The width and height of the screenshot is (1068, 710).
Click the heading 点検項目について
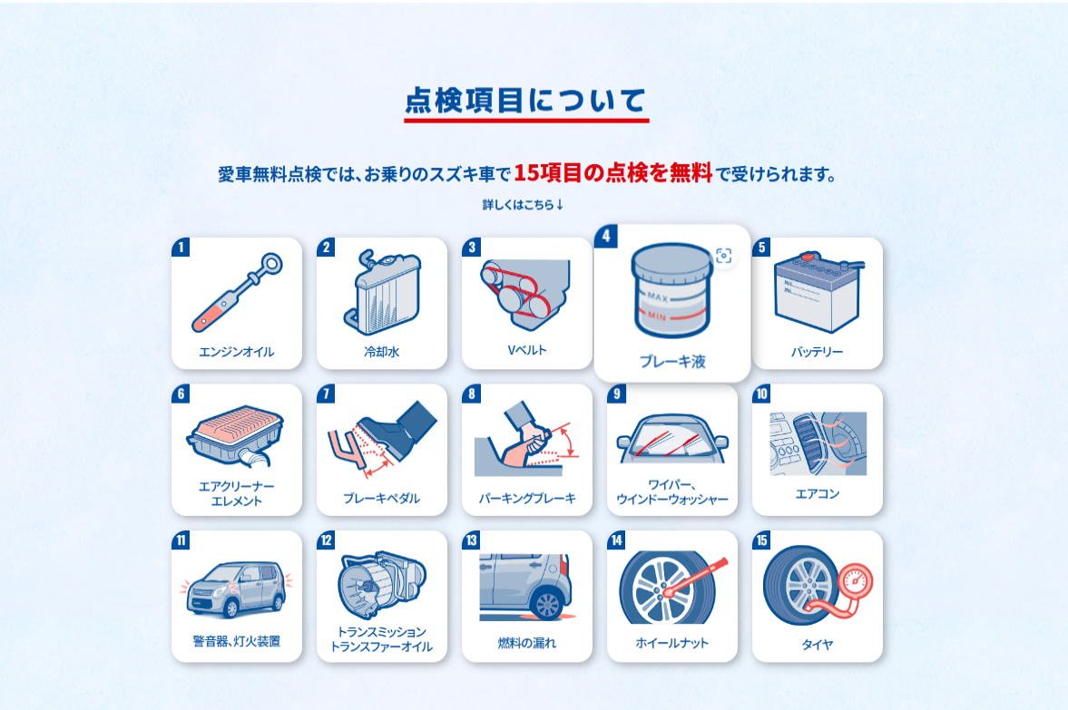[x=525, y=101]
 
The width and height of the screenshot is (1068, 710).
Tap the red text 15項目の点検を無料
[x=612, y=173]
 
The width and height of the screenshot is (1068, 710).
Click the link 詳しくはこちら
[x=523, y=204]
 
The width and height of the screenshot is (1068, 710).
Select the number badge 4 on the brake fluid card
[x=606, y=236]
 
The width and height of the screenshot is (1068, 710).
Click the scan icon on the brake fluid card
[x=723, y=256]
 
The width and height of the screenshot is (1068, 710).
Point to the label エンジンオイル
[x=236, y=352]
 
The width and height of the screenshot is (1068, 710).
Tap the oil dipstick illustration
[x=237, y=293]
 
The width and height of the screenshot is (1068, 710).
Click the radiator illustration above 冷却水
[x=381, y=293]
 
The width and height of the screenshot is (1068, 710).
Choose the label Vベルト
[x=527, y=350]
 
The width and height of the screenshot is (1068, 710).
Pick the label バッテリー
[x=817, y=352]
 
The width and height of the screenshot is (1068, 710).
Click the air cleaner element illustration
[x=236, y=435]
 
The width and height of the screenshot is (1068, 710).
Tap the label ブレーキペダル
[x=381, y=499]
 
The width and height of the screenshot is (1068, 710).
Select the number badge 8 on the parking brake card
[x=471, y=394]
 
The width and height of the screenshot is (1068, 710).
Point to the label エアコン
[x=818, y=494]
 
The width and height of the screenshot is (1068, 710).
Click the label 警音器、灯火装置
[x=236, y=641]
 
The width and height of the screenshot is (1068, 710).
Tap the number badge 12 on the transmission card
[x=327, y=540]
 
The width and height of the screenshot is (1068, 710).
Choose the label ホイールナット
[x=672, y=643]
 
